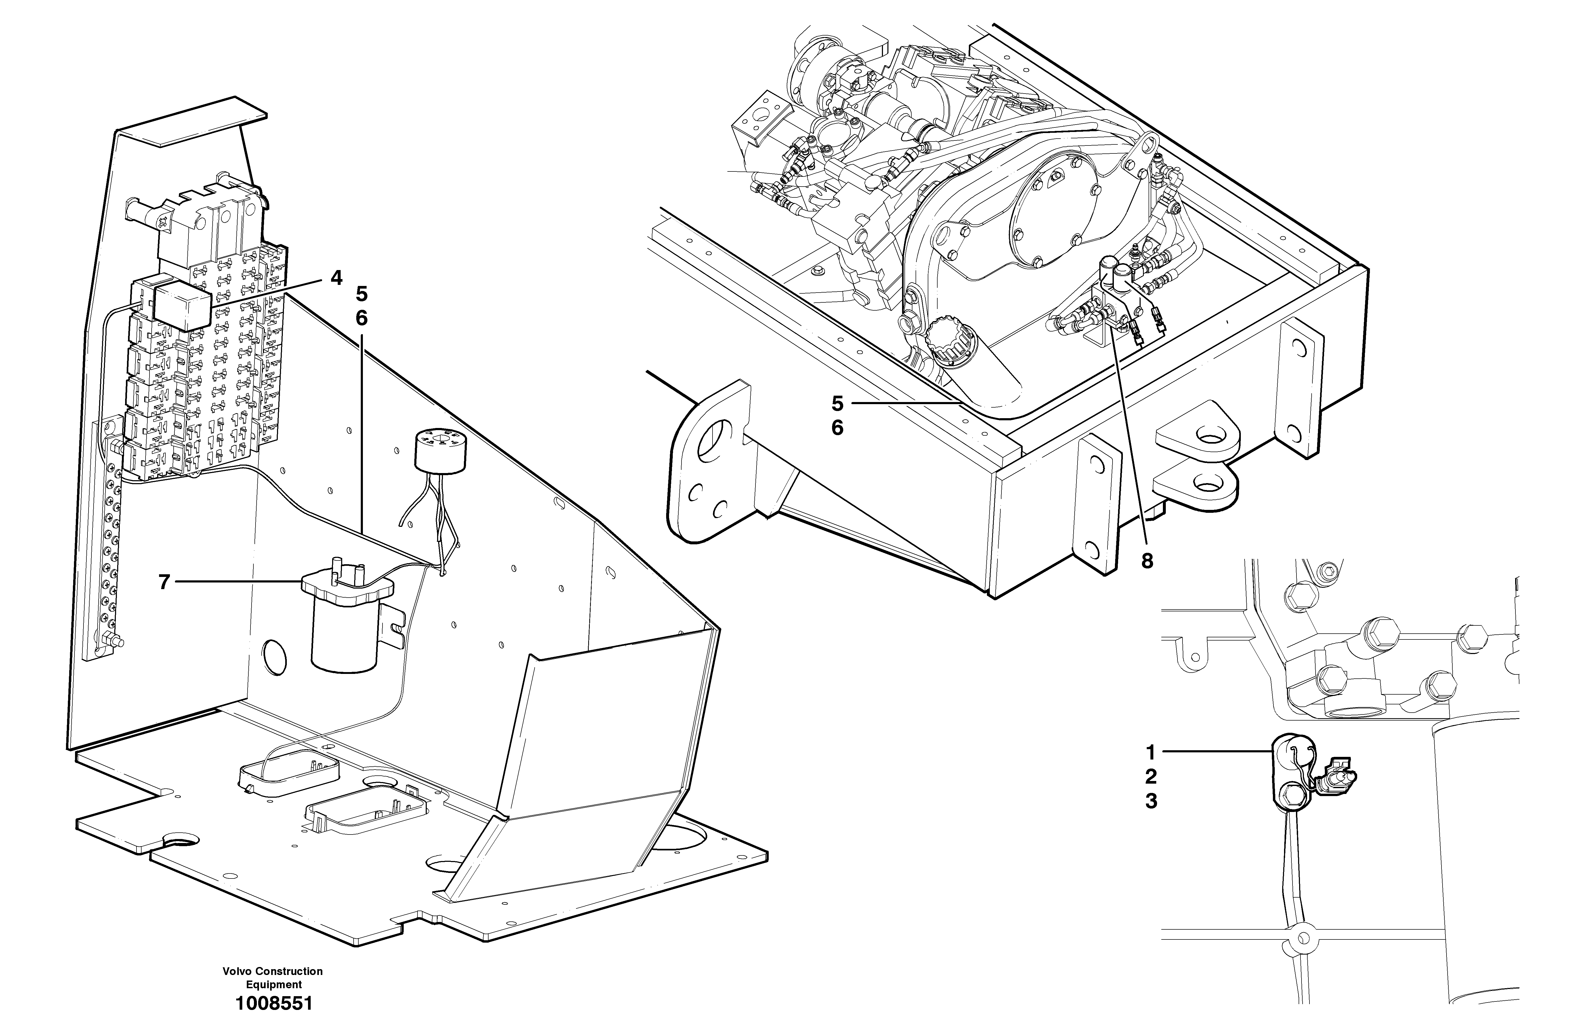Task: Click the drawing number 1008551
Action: click(x=273, y=1003)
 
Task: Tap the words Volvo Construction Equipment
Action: click(x=272, y=978)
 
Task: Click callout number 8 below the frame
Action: click(x=1146, y=561)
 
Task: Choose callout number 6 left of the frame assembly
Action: click(x=837, y=428)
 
